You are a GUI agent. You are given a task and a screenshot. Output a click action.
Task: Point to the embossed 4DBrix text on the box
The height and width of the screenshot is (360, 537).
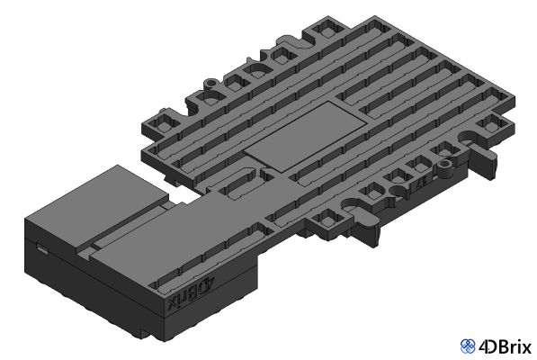click(190, 294)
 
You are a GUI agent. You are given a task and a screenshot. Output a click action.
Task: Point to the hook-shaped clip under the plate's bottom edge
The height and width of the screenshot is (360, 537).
click(372, 236)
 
